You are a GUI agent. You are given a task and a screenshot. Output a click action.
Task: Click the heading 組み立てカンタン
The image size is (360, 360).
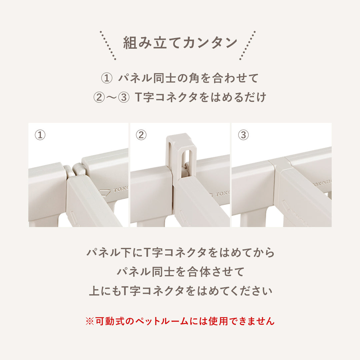pyautogui.click(x=180, y=43)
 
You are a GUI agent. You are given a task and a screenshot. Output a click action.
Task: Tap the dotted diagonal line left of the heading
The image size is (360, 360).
pyautogui.click(x=108, y=46)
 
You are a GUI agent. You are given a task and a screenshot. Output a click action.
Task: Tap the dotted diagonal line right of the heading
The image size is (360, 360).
pyautogui.click(x=247, y=46)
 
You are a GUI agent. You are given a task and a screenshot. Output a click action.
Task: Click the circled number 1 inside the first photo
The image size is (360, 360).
pyautogui.click(x=40, y=135)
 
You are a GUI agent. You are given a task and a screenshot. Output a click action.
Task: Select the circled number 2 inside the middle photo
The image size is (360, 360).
pyautogui.click(x=141, y=135)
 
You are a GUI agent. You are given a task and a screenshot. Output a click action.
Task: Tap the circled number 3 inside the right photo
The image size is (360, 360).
pyautogui.click(x=243, y=135)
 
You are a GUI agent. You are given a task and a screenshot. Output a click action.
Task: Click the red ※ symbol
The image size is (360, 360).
pyautogui.click(x=90, y=321)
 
